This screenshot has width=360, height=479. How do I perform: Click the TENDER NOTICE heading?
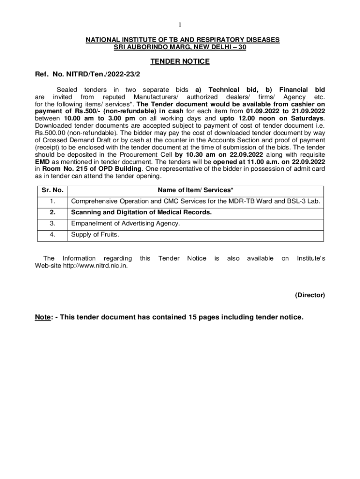[x=180, y=61]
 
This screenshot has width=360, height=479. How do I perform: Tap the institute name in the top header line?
[x=182, y=40]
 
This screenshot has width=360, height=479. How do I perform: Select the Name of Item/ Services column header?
[x=195, y=190]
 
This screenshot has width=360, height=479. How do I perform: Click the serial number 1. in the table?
[x=52, y=202]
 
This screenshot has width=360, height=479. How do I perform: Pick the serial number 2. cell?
[x=52, y=212]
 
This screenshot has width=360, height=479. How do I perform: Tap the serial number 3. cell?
[x=52, y=224]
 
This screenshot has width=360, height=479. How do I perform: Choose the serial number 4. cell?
[x=52, y=235]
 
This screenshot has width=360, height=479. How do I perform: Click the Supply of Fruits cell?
[x=95, y=235]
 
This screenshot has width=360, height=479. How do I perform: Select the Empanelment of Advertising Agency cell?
[x=125, y=224]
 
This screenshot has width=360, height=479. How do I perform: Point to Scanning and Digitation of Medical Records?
[x=141, y=212]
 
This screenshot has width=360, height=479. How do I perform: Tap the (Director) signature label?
[x=310, y=295]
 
